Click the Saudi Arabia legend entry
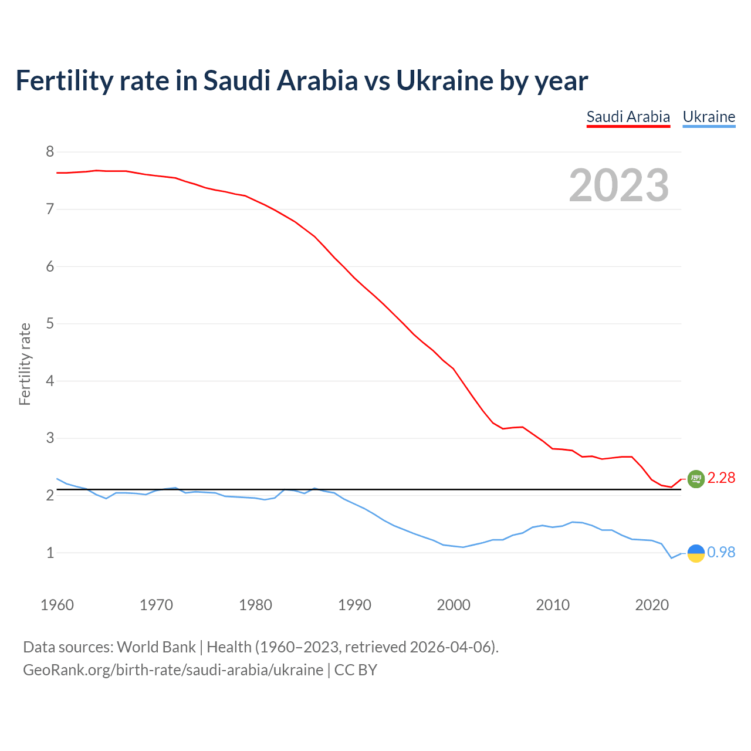[628, 117]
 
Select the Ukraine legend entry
[709, 117]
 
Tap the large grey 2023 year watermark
[619, 185]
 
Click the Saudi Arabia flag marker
[696, 479]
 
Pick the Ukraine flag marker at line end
[696, 553]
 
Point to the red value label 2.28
[721, 478]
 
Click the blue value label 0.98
[721, 553]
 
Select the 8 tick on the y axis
[50, 152]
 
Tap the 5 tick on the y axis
[50, 324]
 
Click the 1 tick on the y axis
[50, 553]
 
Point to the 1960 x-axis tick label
[57, 605]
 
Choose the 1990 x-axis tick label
[354, 605]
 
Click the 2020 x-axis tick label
[652, 605]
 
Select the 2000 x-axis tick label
[454, 605]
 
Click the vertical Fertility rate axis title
[25, 364]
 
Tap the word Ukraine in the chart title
[445, 80]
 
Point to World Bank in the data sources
[156, 647]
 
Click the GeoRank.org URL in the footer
[173, 670]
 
